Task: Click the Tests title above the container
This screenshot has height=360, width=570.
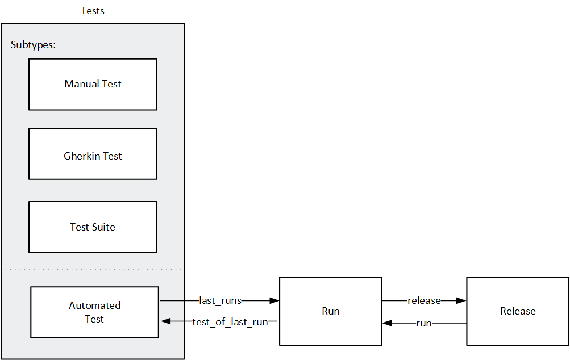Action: coord(93,11)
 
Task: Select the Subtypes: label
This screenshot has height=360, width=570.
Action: coord(34,45)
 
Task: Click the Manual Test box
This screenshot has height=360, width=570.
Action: coord(93,84)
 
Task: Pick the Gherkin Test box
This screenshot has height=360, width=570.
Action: coord(93,154)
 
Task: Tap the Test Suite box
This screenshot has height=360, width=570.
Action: coord(93,227)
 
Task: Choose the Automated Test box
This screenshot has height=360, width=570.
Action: coord(94,312)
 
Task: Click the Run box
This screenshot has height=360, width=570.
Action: coord(330,311)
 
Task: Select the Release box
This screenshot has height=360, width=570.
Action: coord(518,311)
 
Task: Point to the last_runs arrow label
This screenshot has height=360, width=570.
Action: coord(220,300)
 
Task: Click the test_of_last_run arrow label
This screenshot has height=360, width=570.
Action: coord(230,322)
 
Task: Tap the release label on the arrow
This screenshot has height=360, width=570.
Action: coord(424,300)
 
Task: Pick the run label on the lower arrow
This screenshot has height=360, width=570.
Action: coord(424,323)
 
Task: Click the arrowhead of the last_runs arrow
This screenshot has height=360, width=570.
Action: coord(274,300)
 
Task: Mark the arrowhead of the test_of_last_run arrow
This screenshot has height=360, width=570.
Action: coord(165,322)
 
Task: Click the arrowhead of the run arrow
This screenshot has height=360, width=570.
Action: coord(387,323)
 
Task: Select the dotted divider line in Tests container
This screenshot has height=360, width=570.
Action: coord(93,270)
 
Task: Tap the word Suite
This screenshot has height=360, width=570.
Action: coord(104,227)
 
